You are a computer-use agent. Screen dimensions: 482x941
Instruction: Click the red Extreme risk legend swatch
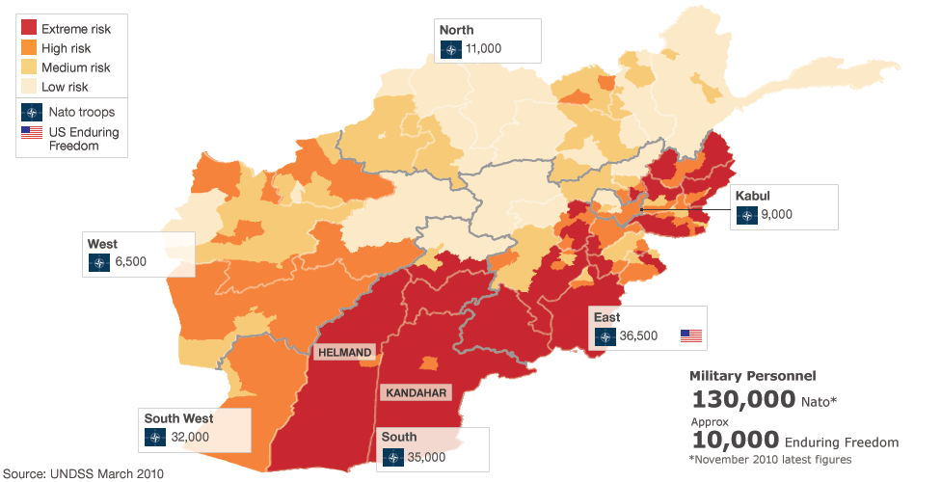28,29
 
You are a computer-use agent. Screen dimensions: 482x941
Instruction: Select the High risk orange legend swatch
28,48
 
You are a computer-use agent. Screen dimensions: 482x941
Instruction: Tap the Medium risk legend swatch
28,67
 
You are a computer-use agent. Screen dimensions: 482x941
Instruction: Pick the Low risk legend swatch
28,87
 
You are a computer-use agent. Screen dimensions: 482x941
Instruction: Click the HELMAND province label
344,353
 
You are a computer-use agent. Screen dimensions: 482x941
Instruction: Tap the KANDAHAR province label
416,392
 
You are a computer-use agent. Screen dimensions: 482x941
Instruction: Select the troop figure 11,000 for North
483,48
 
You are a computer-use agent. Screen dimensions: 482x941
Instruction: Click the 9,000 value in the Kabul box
776,215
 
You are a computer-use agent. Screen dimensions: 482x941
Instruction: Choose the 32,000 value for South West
191,437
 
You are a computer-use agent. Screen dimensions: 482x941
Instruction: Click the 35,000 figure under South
426,457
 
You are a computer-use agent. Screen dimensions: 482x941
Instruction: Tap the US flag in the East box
691,336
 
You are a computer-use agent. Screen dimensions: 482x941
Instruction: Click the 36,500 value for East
638,336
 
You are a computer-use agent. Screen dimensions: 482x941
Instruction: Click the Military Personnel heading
752,375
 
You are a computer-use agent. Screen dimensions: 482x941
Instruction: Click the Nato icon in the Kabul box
746,215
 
